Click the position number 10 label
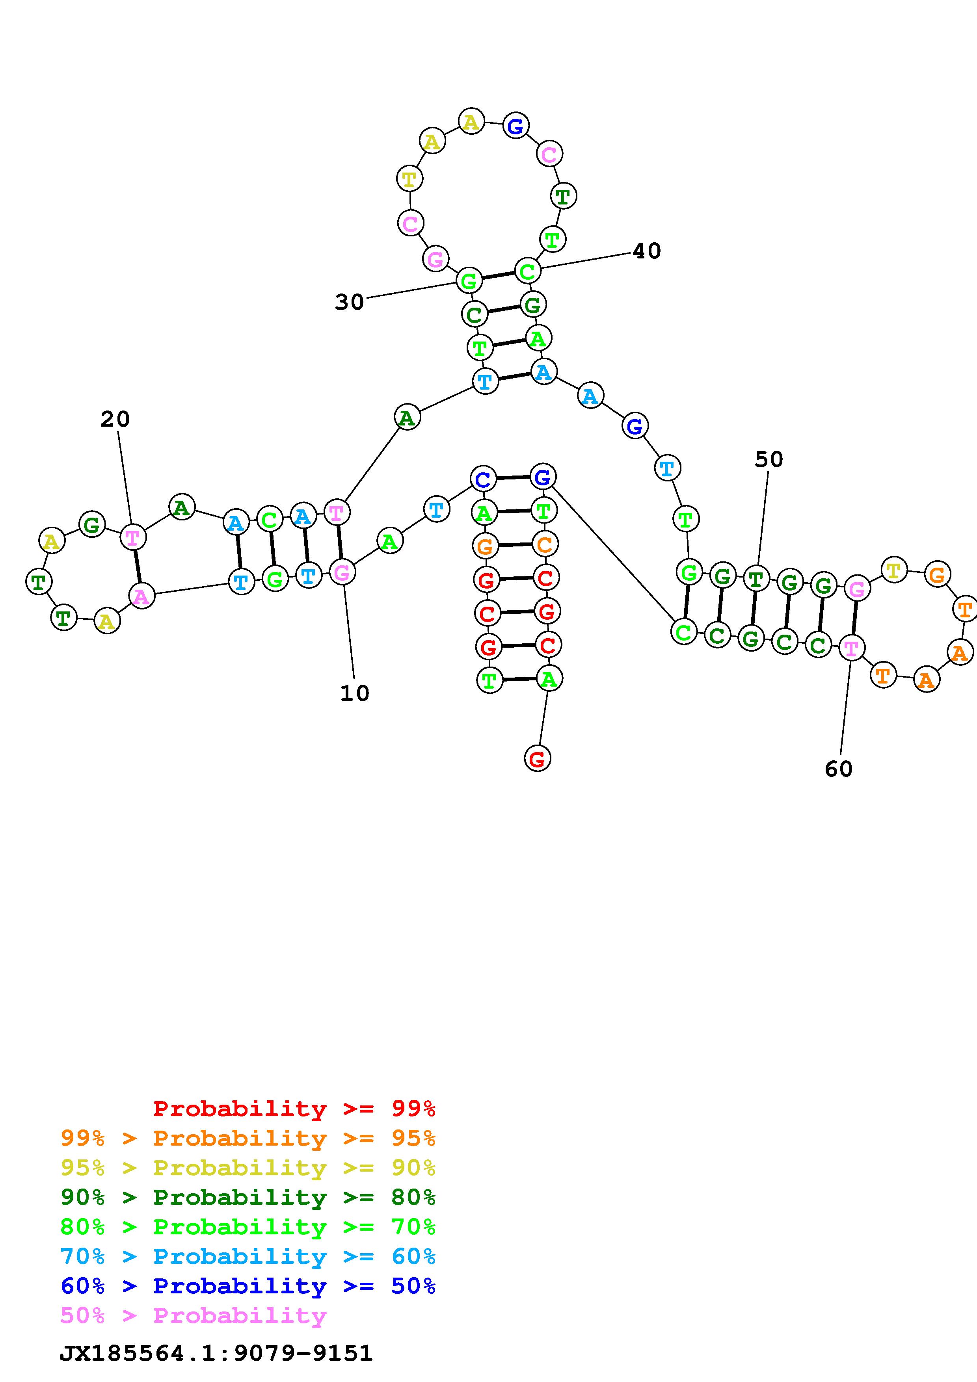(x=355, y=693)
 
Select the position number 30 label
(x=350, y=302)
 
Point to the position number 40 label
(x=646, y=251)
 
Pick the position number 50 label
(x=769, y=460)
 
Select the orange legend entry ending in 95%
(x=248, y=1138)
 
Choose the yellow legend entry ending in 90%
(x=248, y=1168)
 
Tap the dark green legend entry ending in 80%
(x=248, y=1197)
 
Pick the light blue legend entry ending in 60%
(x=248, y=1256)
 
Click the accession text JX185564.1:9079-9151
(x=216, y=1353)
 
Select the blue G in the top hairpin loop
(x=516, y=126)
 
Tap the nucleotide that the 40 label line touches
(x=527, y=271)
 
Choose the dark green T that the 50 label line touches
(x=756, y=579)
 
